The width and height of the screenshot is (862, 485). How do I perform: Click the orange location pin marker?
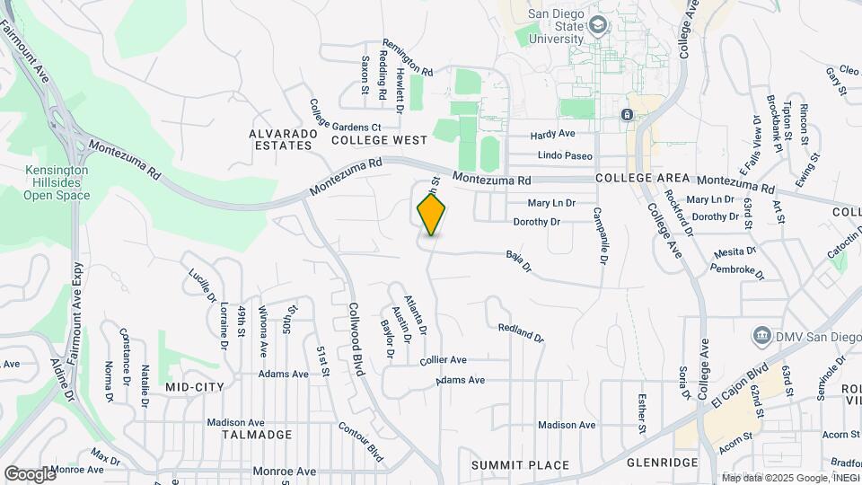click(432, 214)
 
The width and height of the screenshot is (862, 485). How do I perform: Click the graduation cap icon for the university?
click(598, 26)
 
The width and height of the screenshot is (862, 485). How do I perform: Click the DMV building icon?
click(761, 336)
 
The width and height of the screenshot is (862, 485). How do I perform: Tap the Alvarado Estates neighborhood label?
click(284, 139)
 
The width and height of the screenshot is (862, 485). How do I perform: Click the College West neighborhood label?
click(379, 140)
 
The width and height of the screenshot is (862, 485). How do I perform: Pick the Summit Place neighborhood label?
click(520, 465)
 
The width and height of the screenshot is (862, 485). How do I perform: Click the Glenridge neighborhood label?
click(662, 462)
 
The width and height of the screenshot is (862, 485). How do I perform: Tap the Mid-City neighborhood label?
click(195, 386)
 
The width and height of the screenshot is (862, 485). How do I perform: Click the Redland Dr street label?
click(521, 333)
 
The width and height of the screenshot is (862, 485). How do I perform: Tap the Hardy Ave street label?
click(552, 134)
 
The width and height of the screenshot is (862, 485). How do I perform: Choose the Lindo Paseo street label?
click(565, 155)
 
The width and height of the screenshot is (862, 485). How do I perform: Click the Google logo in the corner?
click(30, 473)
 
